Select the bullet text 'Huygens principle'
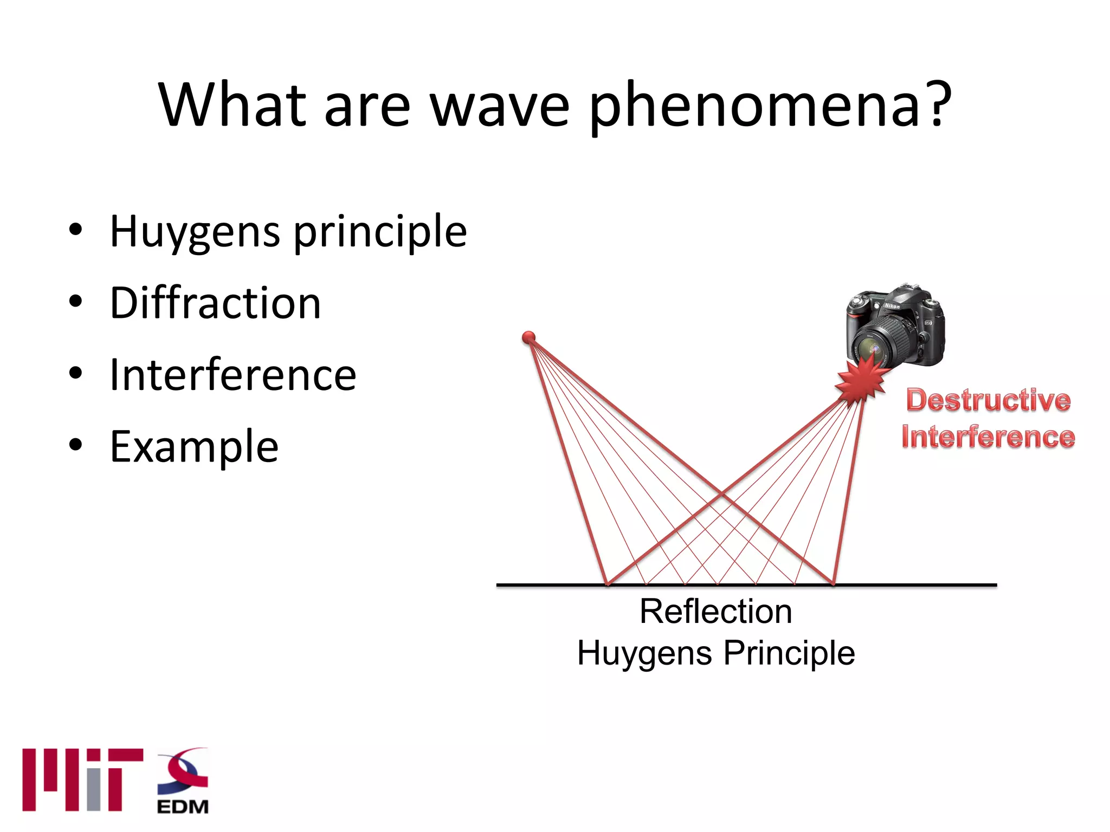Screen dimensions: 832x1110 (x=288, y=232)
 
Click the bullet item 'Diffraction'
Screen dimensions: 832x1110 (x=215, y=303)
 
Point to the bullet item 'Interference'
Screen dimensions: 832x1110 (x=233, y=375)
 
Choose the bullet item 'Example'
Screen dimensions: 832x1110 (x=194, y=447)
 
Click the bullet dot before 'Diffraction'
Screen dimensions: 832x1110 (x=75, y=302)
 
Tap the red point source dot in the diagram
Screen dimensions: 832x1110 (x=528, y=338)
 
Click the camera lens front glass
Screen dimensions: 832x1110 (x=874, y=350)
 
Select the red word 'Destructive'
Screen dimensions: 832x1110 (x=988, y=400)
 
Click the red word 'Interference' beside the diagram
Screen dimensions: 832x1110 (x=988, y=437)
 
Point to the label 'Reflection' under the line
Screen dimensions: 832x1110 (x=715, y=612)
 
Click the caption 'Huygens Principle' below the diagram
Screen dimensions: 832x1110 (x=715, y=653)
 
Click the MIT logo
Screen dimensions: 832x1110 (x=82, y=780)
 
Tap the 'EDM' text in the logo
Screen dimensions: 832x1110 (x=183, y=807)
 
